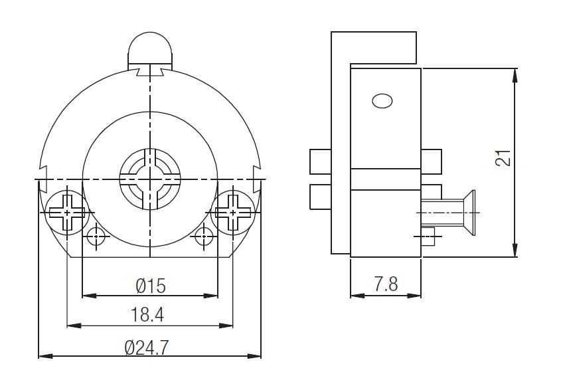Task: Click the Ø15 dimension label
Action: [x=151, y=286]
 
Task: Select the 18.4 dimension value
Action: [x=147, y=315]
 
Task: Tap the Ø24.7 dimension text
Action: [x=147, y=347]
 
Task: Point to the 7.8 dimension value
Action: [x=386, y=284]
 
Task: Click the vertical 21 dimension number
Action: [x=503, y=157]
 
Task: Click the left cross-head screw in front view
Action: [x=68, y=213]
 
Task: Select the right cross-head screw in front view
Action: [x=232, y=213]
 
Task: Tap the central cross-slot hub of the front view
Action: [x=150, y=179]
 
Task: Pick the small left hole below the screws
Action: [x=96, y=236]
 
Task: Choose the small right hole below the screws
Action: [x=204, y=236]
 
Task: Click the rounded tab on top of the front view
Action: [x=150, y=51]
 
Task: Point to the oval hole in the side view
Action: [x=382, y=101]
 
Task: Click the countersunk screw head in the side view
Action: [x=468, y=213]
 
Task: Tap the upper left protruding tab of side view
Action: [x=320, y=161]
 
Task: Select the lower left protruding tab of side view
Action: [x=320, y=197]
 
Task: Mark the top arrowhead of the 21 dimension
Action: [x=515, y=76]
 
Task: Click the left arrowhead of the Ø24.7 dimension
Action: [x=46, y=356]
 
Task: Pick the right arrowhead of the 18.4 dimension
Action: [x=226, y=326]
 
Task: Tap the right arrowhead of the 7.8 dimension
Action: [x=414, y=296]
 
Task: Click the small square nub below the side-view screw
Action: [x=428, y=237]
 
